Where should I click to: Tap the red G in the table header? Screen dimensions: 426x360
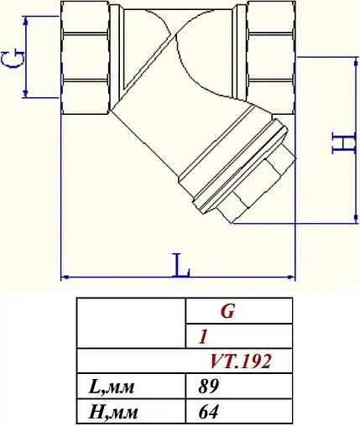[x=227, y=312]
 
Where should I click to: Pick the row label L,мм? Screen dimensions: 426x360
[x=112, y=387]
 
